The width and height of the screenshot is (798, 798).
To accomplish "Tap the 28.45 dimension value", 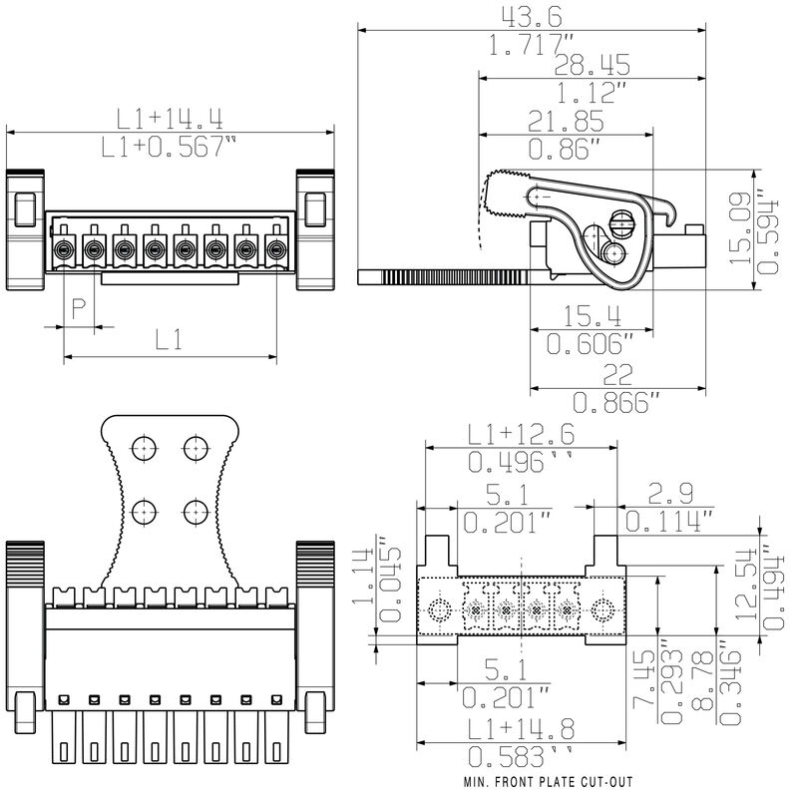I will tap(565, 66).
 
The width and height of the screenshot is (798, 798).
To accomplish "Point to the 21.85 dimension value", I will tap(565, 122).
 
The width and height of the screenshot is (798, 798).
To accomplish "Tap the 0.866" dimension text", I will tap(616, 402).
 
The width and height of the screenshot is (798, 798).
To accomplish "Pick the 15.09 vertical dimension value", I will tap(740, 228).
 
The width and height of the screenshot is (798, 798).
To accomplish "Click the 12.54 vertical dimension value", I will tap(744, 588).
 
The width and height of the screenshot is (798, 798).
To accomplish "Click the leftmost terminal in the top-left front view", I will tap(64, 247).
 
